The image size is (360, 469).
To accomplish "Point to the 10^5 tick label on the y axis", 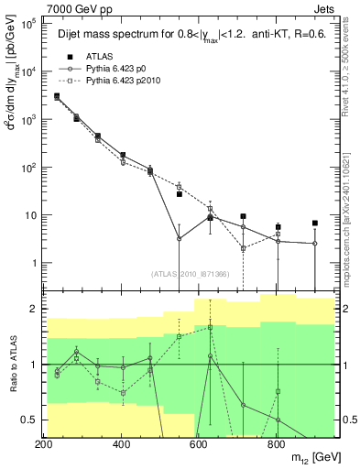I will coord(27,25).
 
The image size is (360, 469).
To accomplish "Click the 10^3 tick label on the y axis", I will coord(27,120).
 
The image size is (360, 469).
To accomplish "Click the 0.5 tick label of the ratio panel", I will coord(30,420).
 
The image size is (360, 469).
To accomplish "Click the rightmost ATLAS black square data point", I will coord(315,223).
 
